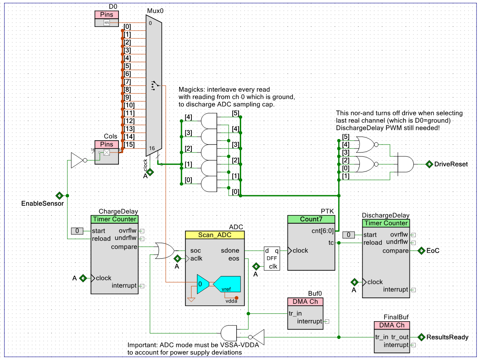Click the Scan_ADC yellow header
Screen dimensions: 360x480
coord(215,235)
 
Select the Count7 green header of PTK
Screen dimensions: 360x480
coord(311,219)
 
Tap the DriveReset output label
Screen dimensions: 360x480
coord(451,164)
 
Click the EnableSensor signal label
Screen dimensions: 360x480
coord(42,204)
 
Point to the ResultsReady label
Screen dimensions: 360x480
coord(447,337)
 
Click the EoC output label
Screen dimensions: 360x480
coord(433,251)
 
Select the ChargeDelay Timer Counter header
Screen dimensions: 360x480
coord(115,219)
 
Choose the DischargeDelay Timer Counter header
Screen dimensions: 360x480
coord(386,223)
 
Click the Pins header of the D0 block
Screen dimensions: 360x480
coord(106,15)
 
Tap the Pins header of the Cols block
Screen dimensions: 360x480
coord(106,145)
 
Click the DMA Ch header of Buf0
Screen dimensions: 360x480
coord(305,301)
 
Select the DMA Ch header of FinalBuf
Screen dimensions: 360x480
coord(392,325)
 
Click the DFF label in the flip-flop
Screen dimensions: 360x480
coord(272,258)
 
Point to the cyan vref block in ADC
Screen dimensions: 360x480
coord(227,284)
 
